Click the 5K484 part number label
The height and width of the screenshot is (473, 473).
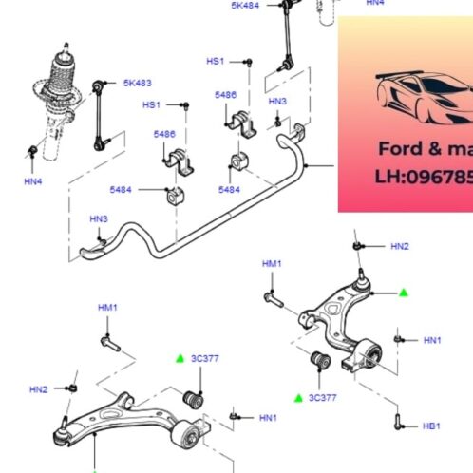(x=244, y=6)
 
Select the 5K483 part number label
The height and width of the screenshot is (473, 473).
(x=137, y=84)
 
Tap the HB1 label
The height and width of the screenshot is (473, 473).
(x=431, y=426)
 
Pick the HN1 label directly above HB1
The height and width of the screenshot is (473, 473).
(x=432, y=340)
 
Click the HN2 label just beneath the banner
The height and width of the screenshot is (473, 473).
(x=399, y=247)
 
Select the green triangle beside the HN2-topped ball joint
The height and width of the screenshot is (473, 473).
(x=403, y=293)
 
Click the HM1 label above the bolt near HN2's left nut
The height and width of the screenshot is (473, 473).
(x=107, y=308)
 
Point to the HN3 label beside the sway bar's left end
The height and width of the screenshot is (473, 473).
(x=99, y=219)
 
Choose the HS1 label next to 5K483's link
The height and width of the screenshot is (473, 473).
(x=151, y=104)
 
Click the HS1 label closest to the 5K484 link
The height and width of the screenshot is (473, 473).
(x=216, y=61)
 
